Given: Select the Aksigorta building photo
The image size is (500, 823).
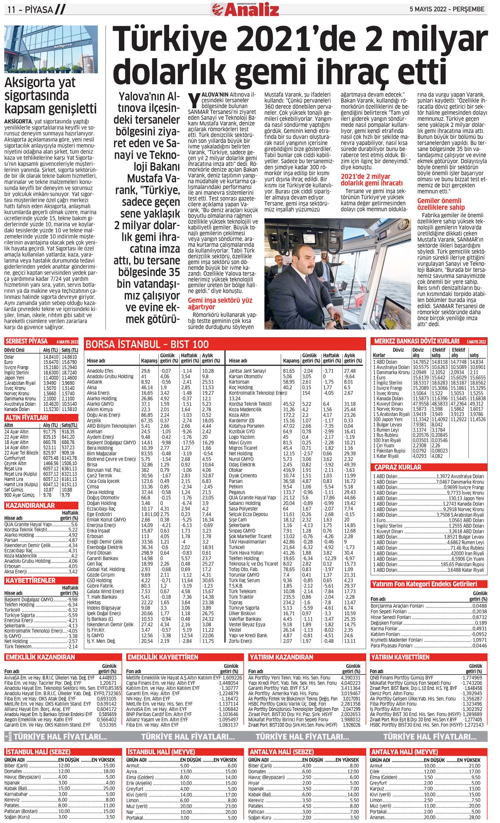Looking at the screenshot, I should tap(51, 49).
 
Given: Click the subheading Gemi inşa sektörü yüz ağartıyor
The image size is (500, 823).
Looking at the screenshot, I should tap(220, 304).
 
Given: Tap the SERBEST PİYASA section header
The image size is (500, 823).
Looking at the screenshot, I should tap(26, 341).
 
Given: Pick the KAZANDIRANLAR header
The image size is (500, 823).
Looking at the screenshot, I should tap(30, 505).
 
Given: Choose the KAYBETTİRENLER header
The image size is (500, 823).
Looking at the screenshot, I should tap(30, 580).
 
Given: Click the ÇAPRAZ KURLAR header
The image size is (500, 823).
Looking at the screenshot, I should tap(398, 467).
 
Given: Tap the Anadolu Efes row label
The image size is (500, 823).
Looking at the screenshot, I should tap(100, 371).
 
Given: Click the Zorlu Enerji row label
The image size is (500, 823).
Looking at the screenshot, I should tap(241, 641).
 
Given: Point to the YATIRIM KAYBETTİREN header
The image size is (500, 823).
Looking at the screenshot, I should tap(400, 657).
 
